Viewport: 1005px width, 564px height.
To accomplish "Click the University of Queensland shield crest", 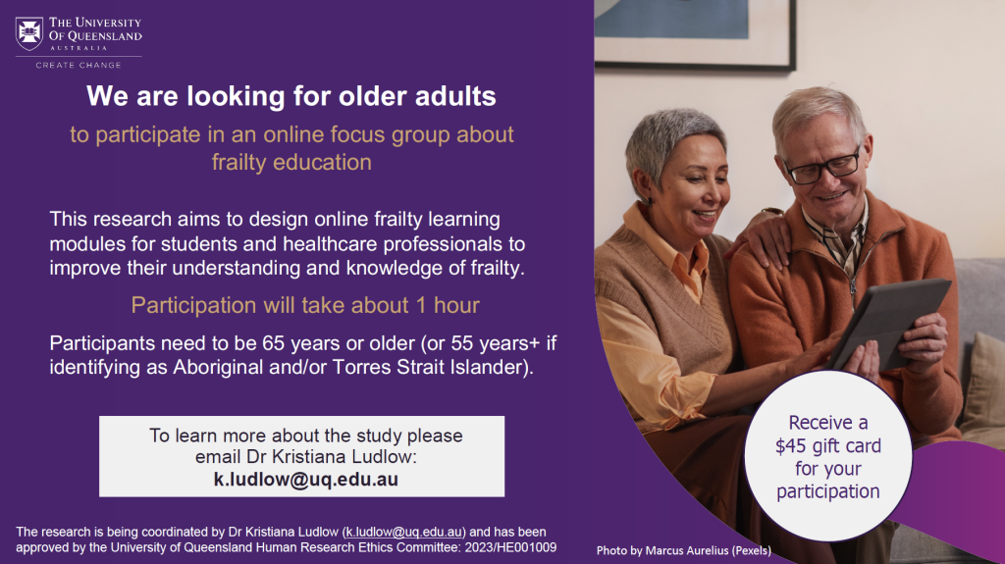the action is click(29, 33).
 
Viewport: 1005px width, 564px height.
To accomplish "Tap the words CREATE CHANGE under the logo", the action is click(79, 65).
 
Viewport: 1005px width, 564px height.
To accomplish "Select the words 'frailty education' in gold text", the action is click(291, 162).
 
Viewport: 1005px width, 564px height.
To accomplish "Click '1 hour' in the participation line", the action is click(448, 305).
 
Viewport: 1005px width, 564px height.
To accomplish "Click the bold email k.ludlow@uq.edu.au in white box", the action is click(306, 480).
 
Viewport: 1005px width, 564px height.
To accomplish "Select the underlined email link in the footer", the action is click(403, 532).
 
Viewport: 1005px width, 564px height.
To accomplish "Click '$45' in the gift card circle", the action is click(790, 446).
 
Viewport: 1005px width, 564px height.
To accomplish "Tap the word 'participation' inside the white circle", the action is click(828, 491).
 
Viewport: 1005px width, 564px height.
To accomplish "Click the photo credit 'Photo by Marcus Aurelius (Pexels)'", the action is click(684, 550).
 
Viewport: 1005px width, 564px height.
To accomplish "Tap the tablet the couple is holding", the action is click(891, 323).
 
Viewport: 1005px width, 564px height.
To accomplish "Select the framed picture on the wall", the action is click(695, 32).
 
